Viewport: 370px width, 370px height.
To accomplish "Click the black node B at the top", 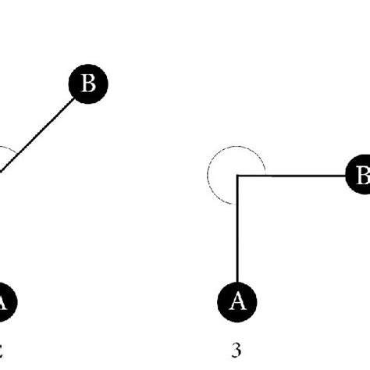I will [88, 85].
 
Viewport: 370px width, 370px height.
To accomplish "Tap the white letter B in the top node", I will [88, 85].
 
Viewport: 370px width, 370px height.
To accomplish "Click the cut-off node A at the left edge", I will [4, 300].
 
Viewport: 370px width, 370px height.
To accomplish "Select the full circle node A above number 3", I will [236, 300].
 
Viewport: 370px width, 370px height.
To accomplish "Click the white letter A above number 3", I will [236, 300].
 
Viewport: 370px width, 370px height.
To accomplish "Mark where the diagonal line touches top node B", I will [74, 98].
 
